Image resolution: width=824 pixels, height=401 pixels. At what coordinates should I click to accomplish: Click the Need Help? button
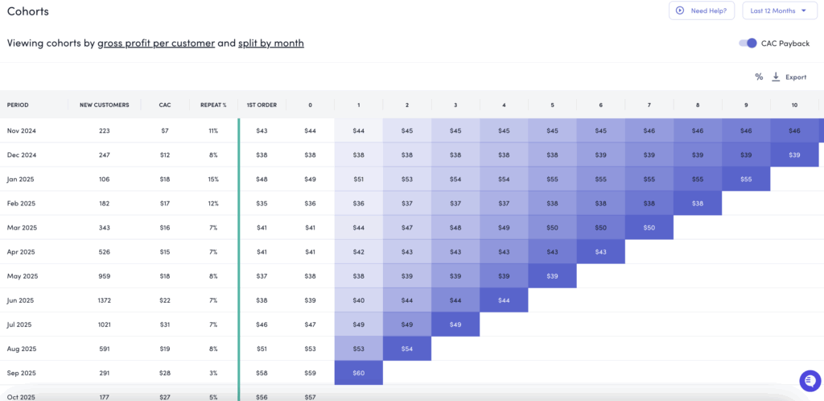pyautogui.click(x=702, y=10)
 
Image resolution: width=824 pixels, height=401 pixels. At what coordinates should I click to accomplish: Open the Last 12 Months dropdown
pyautogui.click(x=779, y=10)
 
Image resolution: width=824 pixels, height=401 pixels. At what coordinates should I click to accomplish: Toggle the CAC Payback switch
pyautogui.click(x=748, y=43)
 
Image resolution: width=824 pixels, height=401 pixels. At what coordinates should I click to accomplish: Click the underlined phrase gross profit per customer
pyautogui.click(x=156, y=43)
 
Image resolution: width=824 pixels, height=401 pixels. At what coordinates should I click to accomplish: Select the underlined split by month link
pyautogui.click(x=271, y=43)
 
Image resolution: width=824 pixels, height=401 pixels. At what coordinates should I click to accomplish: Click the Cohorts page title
pyautogui.click(x=27, y=11)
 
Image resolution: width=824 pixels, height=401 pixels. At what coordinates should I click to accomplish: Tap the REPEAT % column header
pyautogui.click(x=213, y=105)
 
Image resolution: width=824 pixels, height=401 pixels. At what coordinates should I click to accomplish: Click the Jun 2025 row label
pyautogui.click(x=22, y=300)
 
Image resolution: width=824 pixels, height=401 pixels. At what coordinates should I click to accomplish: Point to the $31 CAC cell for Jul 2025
pyautogui.click(x=165, y=324)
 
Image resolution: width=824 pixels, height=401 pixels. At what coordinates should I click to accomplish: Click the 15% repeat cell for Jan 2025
pyautogui.click(x=213, y=179)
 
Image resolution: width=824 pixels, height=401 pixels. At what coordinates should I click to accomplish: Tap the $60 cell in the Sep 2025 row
pyautogui.click(x=359, y=373)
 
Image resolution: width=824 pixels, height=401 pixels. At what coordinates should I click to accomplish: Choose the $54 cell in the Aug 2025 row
pyautogui.click(x=407, y=349)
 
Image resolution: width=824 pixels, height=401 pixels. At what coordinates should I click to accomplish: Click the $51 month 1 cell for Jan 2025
pyautogui.click(x=359, y=179)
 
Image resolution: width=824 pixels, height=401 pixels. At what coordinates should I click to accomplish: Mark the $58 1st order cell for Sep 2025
pyautogui.click(x=262, y=373)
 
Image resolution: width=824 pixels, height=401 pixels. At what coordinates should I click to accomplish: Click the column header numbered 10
pyautogui.click(x=794, y=105)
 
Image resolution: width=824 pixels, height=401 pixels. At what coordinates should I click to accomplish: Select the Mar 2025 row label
pyautogui.click(x=23, y=227)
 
